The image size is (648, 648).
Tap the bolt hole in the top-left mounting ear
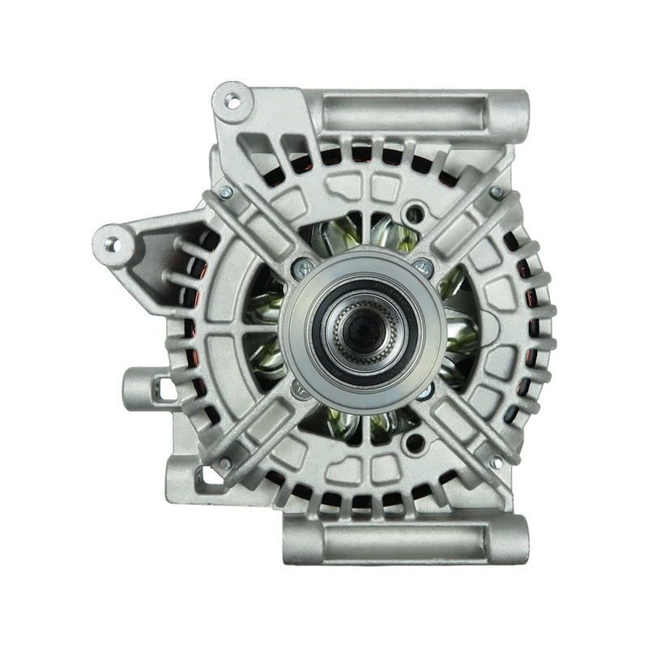click(x=232, y=101)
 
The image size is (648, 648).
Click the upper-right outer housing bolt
click(x=496, y=192)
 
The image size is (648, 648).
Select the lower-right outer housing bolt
click(x=496, y=463)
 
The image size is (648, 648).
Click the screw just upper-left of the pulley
click(x=301, y=264)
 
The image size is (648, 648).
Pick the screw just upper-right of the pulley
click(x=420, y=264)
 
